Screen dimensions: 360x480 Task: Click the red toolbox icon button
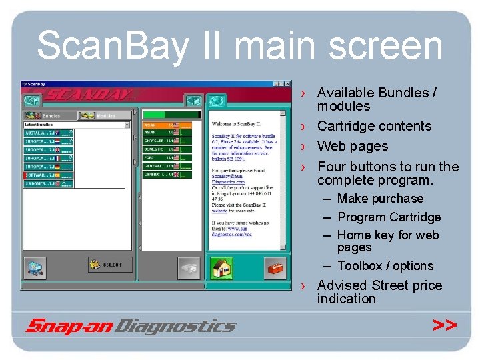(x=275, y=269)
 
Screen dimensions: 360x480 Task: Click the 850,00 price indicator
(x=106, y=265)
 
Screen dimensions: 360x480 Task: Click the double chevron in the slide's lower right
(x=444, y=325)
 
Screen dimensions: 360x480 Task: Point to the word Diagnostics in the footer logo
(x=177, y=326)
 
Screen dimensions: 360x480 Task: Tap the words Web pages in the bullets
(x=352, y=146)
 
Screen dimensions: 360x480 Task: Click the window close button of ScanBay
(x=288, y=84)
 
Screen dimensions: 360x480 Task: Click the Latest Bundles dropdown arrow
(x=127, y=125)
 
